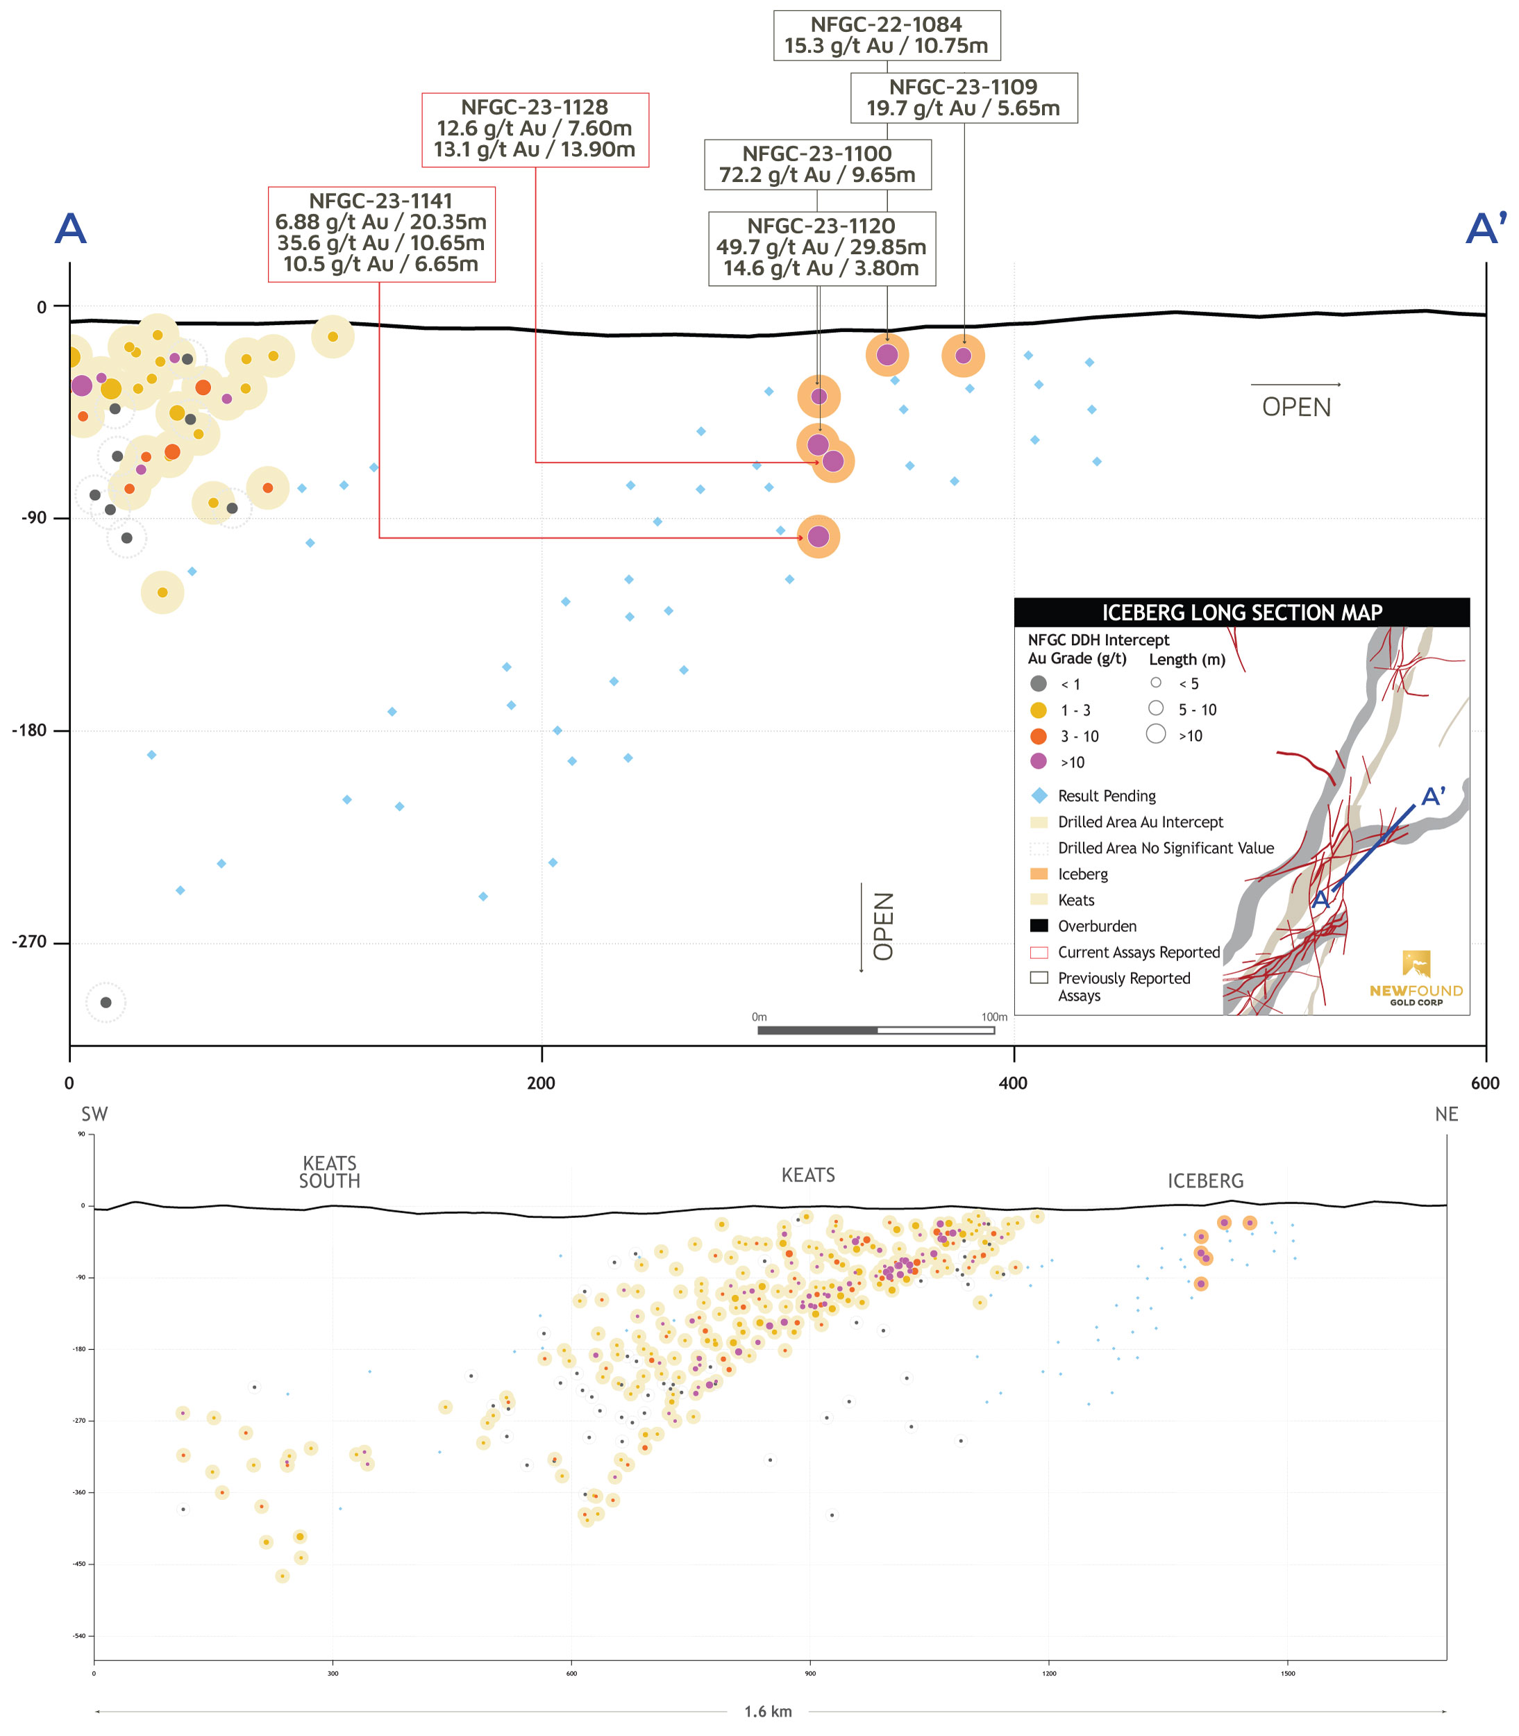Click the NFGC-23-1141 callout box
[381, 234]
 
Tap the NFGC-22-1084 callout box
[887, 35]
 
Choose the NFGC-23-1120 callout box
[821, 247]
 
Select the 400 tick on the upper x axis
[1013, 1083]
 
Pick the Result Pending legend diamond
[1039, 795]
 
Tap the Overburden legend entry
[1097, 926]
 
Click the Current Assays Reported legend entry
[1139, 952]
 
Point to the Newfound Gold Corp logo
[1416, 978]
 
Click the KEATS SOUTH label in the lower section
[330, 1171]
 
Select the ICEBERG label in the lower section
[1205, 1180]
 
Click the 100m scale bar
[875, 1030]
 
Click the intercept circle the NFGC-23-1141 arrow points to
[818, 537]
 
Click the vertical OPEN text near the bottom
[883, 926]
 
